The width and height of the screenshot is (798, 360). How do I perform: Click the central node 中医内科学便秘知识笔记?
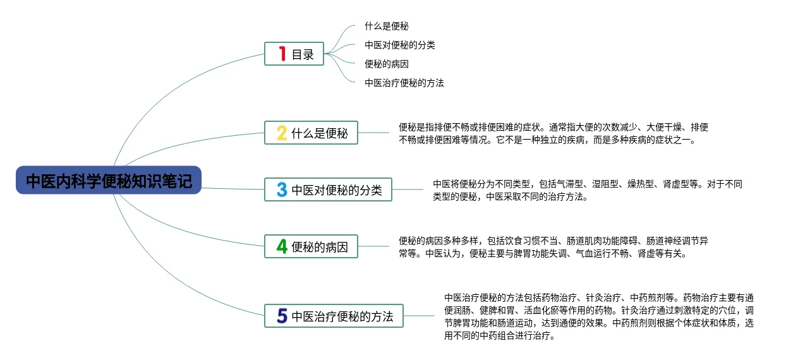(x=109, y=181)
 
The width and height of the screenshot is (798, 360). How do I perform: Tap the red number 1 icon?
(x=282, y=54)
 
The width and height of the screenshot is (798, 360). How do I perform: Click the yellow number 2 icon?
(x=282, y=133)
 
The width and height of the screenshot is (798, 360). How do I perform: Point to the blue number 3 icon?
(x=282, y=189)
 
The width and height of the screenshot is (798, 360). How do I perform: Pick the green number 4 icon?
(x=282, y=246)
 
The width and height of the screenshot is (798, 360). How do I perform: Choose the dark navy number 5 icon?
(x=282, y=316)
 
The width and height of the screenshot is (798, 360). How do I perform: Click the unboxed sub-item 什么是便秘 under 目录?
(x=387, y=27)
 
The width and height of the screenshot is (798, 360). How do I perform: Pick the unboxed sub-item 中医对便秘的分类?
(x=400, y=45)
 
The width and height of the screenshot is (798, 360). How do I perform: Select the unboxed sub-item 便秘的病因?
(x=387, y=64)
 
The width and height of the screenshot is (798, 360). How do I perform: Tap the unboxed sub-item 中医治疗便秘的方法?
(x=404, y=83)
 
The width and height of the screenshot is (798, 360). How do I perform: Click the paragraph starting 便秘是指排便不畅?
(x=553, y=133)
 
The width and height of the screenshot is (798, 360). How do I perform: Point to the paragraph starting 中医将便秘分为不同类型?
(x=587, y=190)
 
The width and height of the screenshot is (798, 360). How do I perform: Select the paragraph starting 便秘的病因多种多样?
(x=553, y=247)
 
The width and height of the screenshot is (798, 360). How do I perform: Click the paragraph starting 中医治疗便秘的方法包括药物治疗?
(x=599, y=316)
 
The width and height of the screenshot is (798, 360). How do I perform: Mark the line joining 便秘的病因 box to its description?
(x=373, y=246)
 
